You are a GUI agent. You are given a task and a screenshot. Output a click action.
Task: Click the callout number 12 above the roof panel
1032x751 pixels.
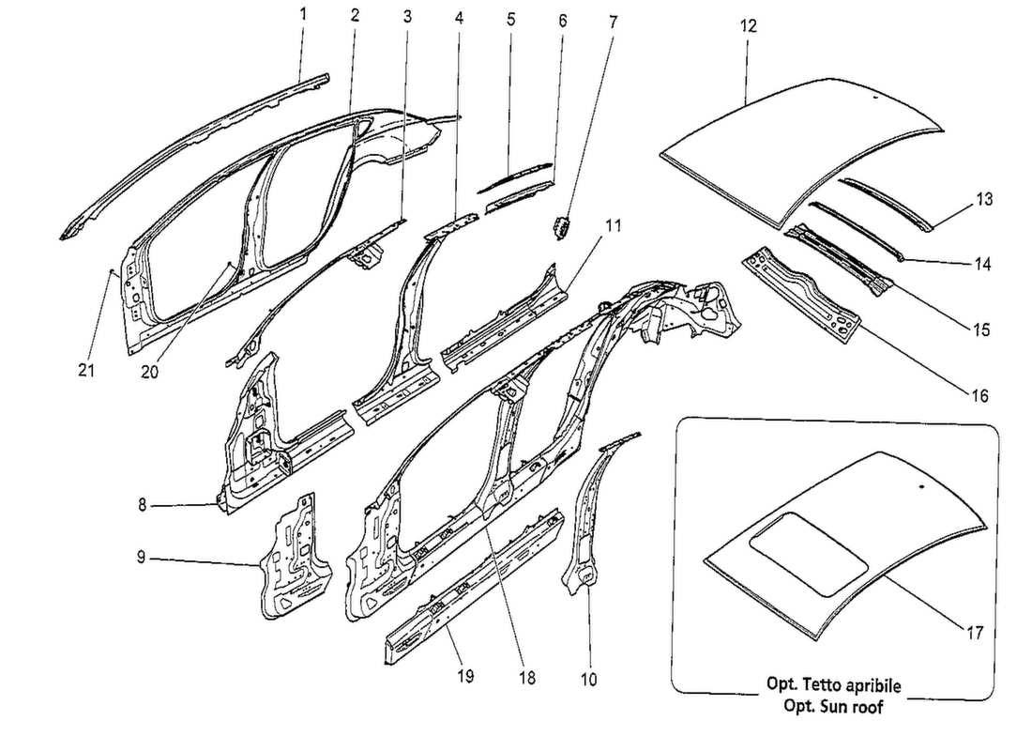pos(748,26)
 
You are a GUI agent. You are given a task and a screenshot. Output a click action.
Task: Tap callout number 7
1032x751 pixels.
pos(613,19)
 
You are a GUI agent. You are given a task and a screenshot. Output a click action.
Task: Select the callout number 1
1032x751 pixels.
pos(303,14)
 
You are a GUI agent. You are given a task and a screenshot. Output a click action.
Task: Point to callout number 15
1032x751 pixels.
pos(979,330)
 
